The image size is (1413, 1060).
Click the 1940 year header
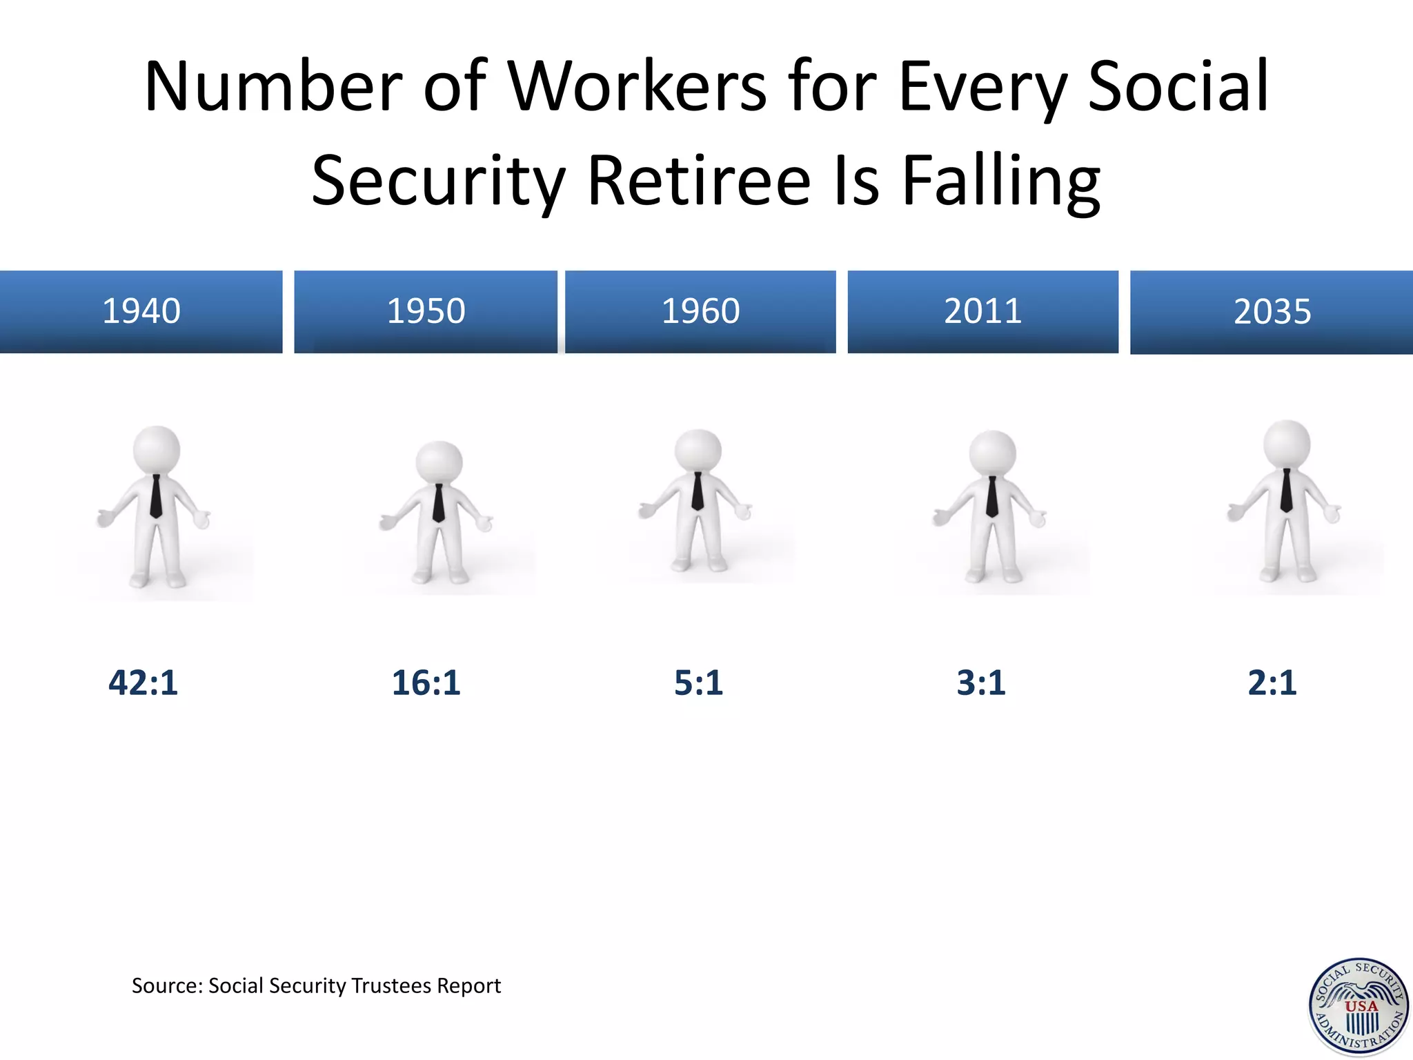pyautogui.click(x=141, y=311)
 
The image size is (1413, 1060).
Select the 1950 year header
pyautogui.click(x=426, y=311)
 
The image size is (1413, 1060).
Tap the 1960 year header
pyautogui.click(x=700, y=311)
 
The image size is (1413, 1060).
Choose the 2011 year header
pyautogui.click(x=982, y=311)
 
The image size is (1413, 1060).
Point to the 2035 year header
pyautogui.click(x=1272, y=312)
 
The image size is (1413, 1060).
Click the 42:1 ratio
pyautogui.click(x=143, y=683)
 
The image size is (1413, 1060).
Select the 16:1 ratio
pyautogui.click(x=426, y=683)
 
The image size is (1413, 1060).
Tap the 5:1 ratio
pyautogui.click(x=698, y=683)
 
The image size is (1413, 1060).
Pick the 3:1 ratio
pyautogui.click(x=981, y=683)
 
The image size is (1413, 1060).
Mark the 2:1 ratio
pyautogui.click(x=1272, y=683)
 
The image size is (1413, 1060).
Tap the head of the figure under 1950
pyautogui.click(x=439, y=462)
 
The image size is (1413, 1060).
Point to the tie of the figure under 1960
pyautogui.click(x=698, y=491)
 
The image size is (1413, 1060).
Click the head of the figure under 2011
pyautogui.click(x=993, y=453)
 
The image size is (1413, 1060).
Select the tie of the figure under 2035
pyautogui.click(x=1286, y=490)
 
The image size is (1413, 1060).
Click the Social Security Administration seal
pyautogui.click(x=1358, y=1007)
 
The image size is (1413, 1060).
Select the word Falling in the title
pyautogui.click(x=1001, y=181)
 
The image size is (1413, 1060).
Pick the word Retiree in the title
pyautogui.click(x=699, y=181)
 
